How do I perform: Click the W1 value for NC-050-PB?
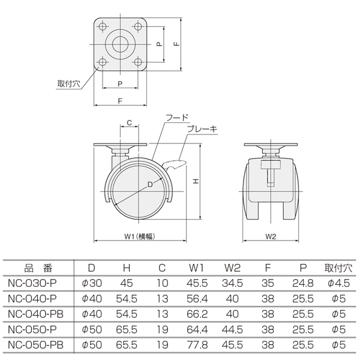197,345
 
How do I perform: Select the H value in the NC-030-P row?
127,283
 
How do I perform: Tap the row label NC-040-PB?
35,314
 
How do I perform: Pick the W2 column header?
232,268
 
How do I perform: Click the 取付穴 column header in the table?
338,268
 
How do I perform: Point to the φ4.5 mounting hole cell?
338,283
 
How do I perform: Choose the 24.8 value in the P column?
303,283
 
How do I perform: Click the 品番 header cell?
38,268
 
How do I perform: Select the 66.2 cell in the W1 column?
197,314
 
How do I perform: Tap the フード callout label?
177,118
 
